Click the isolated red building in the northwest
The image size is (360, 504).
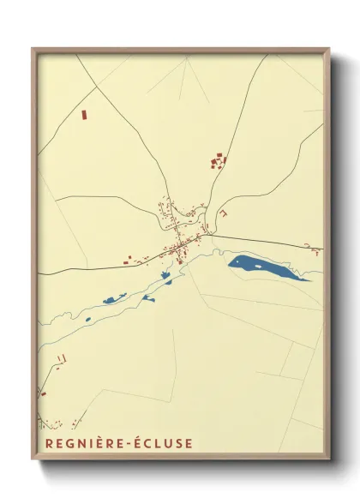[x=84, y=114]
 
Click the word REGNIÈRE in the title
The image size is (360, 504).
[x=75, y=443]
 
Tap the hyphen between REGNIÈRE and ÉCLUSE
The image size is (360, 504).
[x=121, y=444]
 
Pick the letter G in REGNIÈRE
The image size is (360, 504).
[x=64, y=443]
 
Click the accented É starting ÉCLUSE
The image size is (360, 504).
[x=130, y=443]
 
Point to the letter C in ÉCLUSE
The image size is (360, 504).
[x=141, y=443]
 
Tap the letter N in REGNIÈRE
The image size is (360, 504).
[x=76, y=443]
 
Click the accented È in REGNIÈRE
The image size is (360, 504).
[x=94, y=443]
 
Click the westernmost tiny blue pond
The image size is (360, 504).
[x=87, y=321]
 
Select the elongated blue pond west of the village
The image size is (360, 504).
[x=114, y=299]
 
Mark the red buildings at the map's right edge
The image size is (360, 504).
[x=315, y=250]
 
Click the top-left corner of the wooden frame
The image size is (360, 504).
[x=33, y=49]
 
